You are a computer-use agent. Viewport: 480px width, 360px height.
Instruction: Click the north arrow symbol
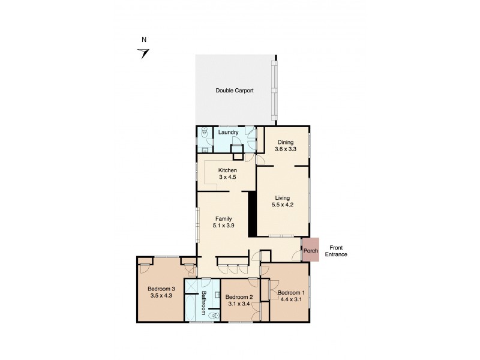143,53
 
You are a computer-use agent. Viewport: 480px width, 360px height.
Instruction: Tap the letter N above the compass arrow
143,40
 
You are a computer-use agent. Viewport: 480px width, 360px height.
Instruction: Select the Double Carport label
234,91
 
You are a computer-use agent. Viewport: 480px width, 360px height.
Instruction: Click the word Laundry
228,133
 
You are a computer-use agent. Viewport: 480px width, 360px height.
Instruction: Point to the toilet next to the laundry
204,133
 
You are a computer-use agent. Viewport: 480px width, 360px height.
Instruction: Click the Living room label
283,197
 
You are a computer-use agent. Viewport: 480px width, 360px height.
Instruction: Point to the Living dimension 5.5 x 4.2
283,204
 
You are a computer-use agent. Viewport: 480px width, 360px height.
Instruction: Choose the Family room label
223,218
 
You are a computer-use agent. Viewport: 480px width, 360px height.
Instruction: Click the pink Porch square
310,250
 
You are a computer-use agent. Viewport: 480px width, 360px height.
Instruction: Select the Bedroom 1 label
291,292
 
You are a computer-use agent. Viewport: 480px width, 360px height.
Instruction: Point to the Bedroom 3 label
161,289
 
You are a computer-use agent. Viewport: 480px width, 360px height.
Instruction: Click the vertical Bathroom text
203,303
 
